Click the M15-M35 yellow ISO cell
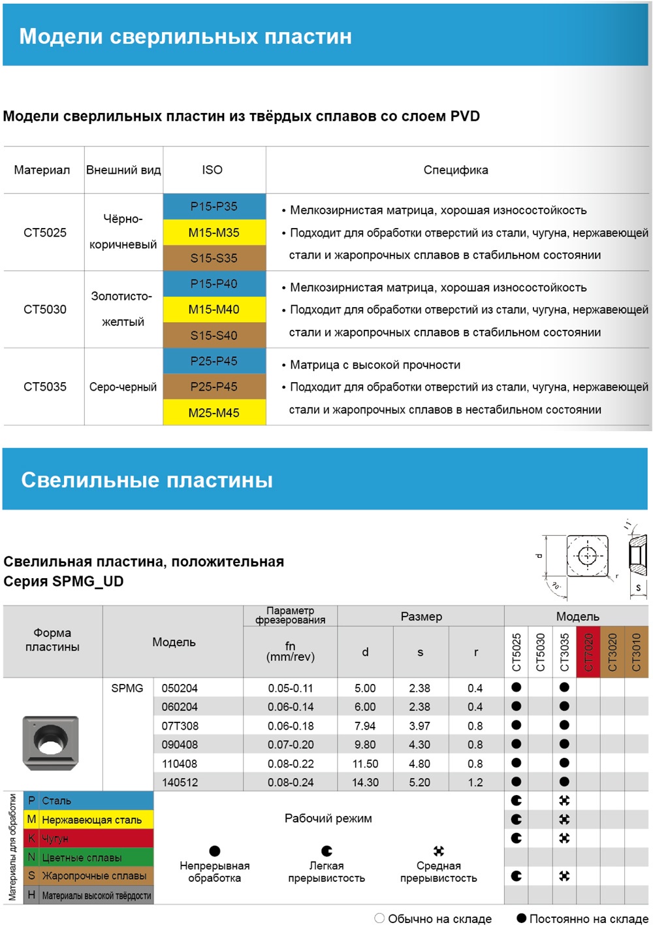(x=214, y=233)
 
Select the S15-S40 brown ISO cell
(x=214, y=335)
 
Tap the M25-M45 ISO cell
(x=214, y=413)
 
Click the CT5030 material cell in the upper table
(x=45, y=310)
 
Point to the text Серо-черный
(x=123, y=387)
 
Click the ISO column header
(x=212, y=170)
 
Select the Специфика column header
(x=456, y=170)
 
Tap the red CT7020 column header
(x=588, y=652)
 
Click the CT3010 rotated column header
(x=637, y=652)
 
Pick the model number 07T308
(x=180, y=726)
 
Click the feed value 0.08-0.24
(x=291, y=783)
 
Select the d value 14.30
(x=365, y=783)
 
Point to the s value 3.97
(x=419, y=726)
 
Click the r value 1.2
(x=475, y=783)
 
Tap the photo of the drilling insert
(x=50, y=742)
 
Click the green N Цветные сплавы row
(x=88, y=857)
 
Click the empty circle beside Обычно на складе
(x=379, y=918)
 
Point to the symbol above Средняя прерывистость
(x=439, y=851)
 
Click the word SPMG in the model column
(x=127, y=689)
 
